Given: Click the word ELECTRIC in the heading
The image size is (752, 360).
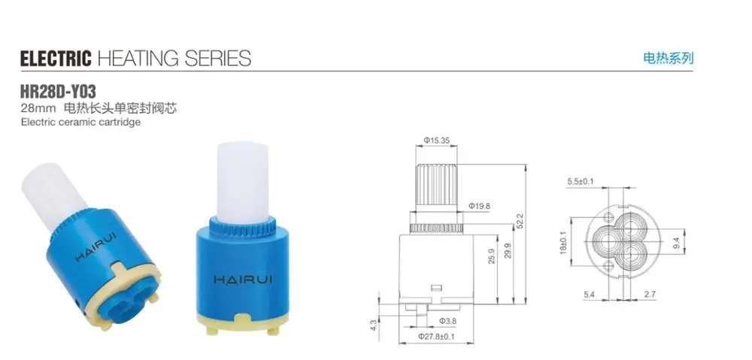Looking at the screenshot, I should click(x=55, y=58).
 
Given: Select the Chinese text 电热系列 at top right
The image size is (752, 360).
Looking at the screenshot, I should click(x=668, y=57).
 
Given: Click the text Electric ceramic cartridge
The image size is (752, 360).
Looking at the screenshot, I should click(x=81, y=122).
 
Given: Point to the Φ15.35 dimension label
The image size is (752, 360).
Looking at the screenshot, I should click(x=436, y=140).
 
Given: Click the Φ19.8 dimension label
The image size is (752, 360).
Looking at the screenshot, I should click(x=479, y=206).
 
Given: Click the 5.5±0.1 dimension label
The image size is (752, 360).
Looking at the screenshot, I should click(x=581, y=181).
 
